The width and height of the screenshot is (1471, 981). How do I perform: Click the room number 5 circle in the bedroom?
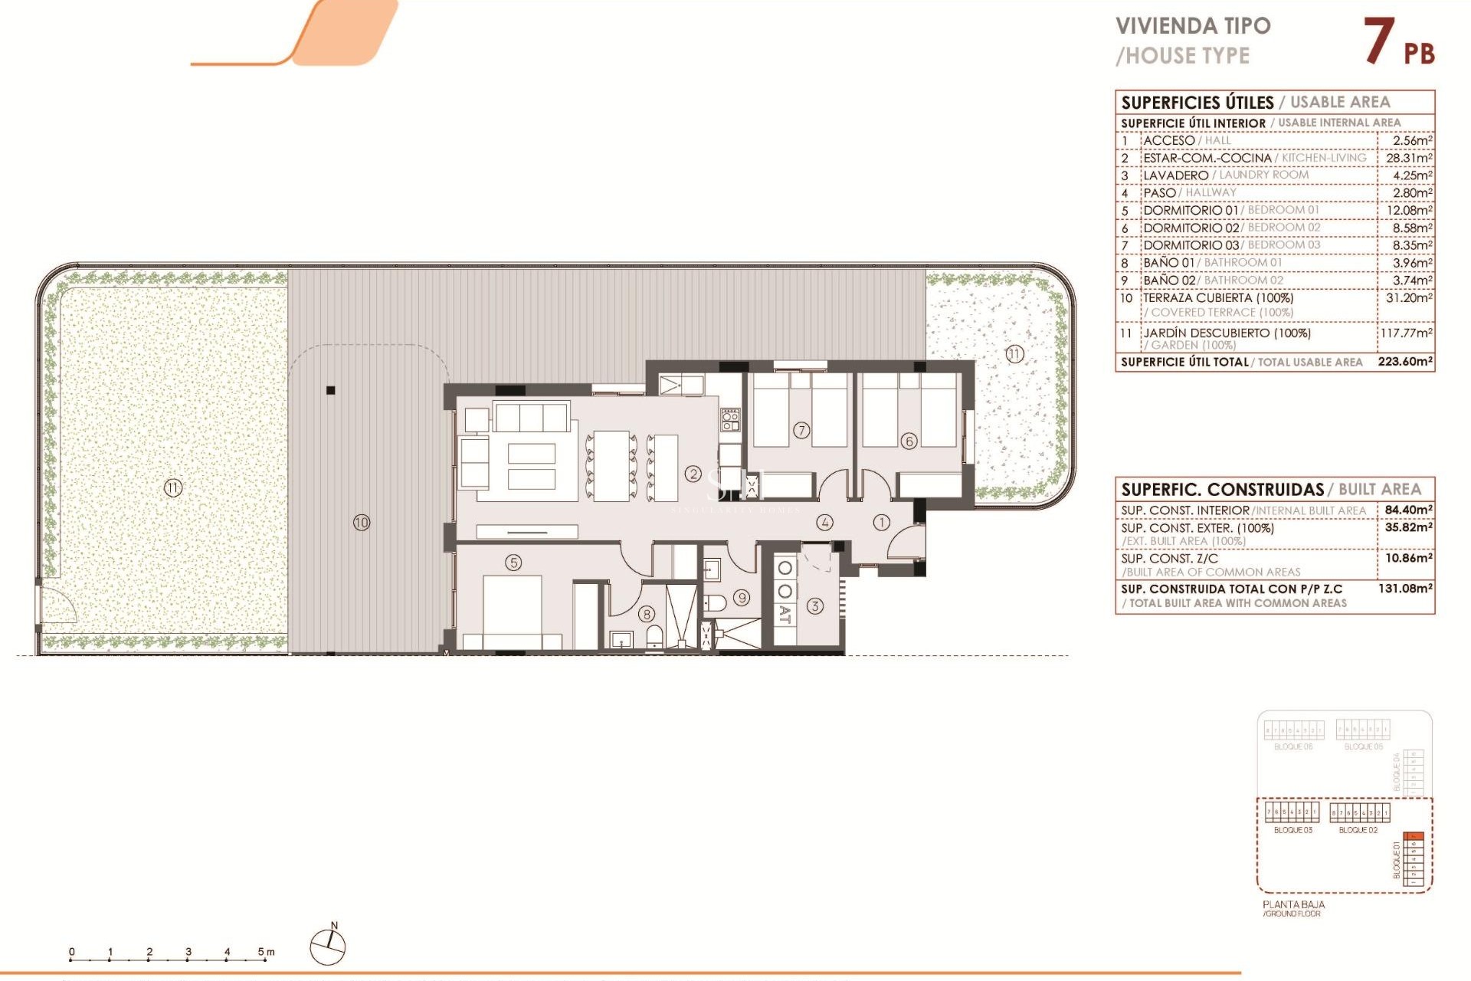pos(513,563)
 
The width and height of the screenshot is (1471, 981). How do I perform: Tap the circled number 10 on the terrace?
pos(362,523)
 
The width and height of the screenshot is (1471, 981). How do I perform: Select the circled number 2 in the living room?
pos(693,474)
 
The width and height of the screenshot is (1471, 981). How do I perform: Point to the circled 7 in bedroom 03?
pos(801,430)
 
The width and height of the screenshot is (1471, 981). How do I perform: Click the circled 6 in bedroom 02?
pos(909,441)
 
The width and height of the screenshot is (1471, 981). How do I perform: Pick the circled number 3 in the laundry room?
pos(814,606)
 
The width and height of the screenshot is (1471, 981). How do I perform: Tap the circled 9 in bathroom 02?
pos(742,598)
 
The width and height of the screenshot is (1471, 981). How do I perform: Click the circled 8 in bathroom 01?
pos(647,614)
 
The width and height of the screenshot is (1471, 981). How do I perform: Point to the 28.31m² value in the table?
pos(1408,158)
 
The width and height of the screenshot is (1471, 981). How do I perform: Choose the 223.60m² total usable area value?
pos(1404,362)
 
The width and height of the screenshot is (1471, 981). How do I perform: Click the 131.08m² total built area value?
pos(1404,589)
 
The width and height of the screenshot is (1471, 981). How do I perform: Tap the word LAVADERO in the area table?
pos(1175,176)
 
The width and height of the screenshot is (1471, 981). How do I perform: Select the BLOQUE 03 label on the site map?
pos(1292,830)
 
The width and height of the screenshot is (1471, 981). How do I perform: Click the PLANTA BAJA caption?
pos(1293,904)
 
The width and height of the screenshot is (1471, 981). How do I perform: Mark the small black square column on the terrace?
pos(331,390)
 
